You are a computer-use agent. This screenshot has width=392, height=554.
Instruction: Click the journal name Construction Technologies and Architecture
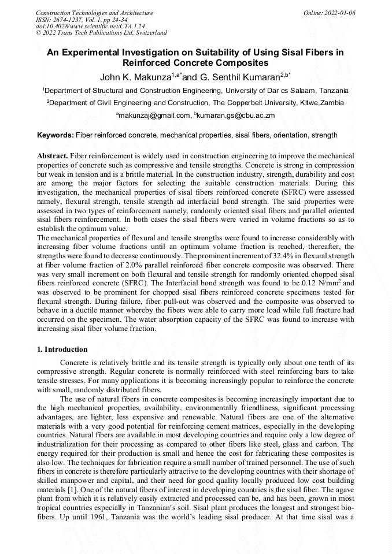click(x=94, y=13)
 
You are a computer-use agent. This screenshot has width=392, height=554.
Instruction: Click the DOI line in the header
click(x=90, y=27)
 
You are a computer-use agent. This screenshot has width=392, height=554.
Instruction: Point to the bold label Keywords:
click(x=56, y=135)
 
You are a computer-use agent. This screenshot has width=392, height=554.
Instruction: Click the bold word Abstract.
click(x=52, y=157)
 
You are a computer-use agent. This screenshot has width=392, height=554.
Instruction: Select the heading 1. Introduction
click(x=62, y=349)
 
